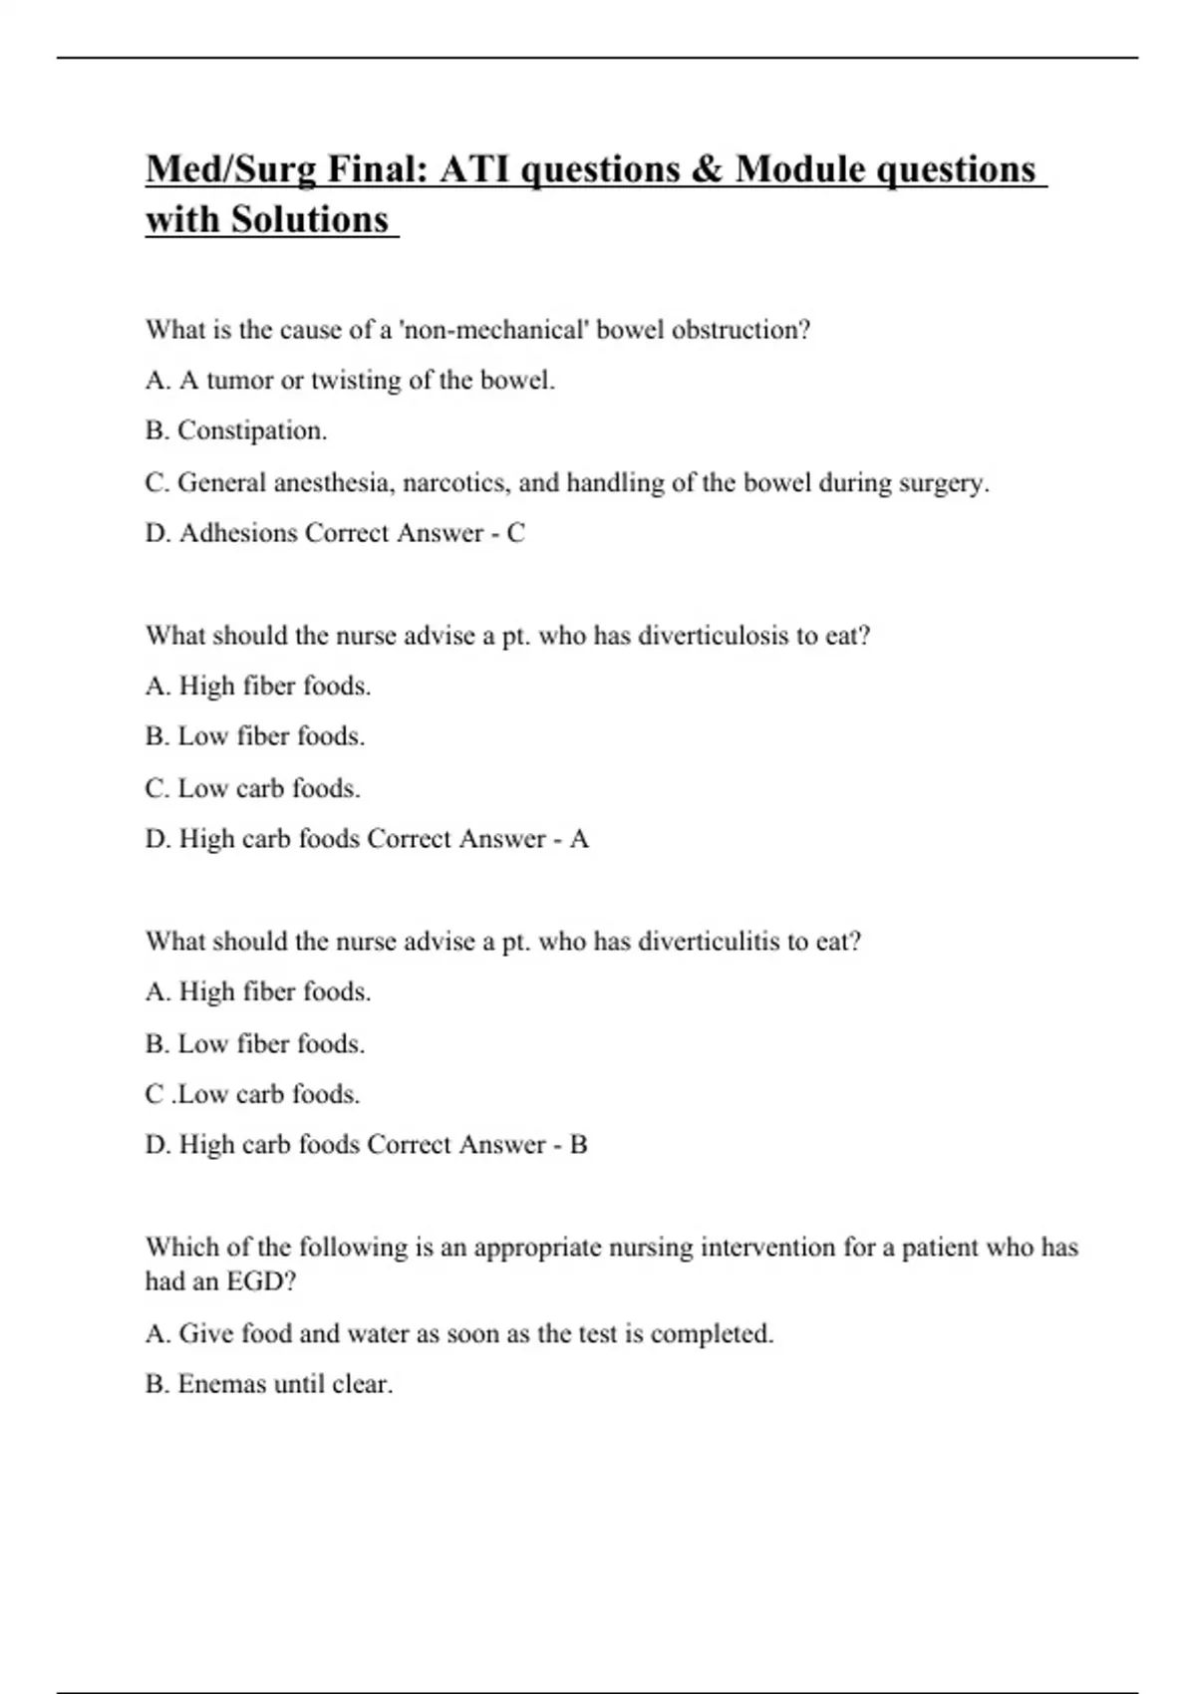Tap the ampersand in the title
click(705, 170)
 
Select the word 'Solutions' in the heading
click(310, 220)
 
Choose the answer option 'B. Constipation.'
click(236, 431)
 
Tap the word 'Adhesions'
click(238, 534)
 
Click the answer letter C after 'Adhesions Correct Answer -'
click(515, 534)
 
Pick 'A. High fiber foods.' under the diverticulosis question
click(258, 687)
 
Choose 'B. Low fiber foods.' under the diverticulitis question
click(255, 1044)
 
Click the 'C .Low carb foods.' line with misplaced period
click(252, 1095)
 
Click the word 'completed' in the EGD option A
click(709, 1334)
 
